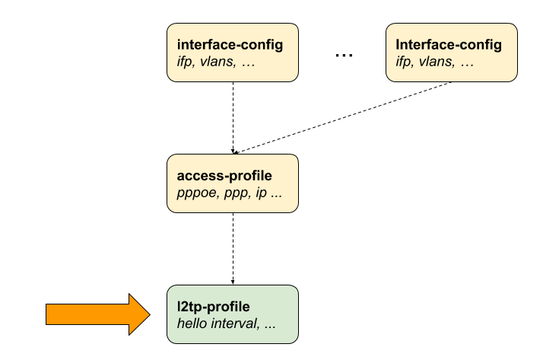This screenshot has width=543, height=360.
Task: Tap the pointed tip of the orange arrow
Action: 149,314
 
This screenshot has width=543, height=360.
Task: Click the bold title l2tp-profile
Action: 213,307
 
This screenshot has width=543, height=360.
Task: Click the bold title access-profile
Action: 224,176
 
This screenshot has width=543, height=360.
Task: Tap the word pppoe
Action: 194,193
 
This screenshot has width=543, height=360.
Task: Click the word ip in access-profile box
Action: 261,193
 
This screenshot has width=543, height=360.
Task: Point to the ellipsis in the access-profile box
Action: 277,193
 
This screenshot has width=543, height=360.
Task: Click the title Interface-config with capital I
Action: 449,45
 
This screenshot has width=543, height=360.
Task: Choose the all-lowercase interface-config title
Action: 230,45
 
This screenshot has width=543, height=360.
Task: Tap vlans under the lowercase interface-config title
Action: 217,62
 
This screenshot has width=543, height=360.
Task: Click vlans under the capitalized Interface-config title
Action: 436,62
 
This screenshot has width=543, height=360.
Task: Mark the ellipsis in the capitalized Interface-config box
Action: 467,62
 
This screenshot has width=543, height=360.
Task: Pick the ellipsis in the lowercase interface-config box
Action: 248,62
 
